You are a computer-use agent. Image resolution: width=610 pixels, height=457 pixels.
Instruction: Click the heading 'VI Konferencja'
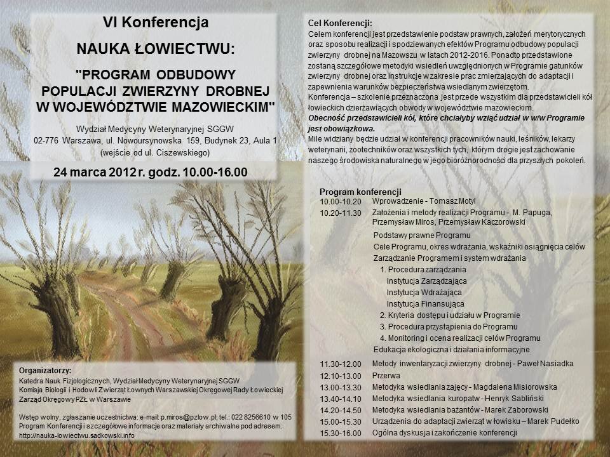156,23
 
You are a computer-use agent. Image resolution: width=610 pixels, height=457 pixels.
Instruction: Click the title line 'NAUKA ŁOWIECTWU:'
156,48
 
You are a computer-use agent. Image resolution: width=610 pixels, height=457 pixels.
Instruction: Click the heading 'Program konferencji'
360,191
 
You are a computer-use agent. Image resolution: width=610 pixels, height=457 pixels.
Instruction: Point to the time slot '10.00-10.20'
341,201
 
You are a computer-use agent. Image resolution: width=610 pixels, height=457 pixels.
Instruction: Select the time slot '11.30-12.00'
341,364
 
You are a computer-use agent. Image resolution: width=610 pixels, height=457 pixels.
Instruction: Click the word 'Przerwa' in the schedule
386,375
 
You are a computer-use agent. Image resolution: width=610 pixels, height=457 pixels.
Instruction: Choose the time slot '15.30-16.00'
341,433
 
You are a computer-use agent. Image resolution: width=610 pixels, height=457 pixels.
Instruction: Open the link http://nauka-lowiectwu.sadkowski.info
78,435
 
